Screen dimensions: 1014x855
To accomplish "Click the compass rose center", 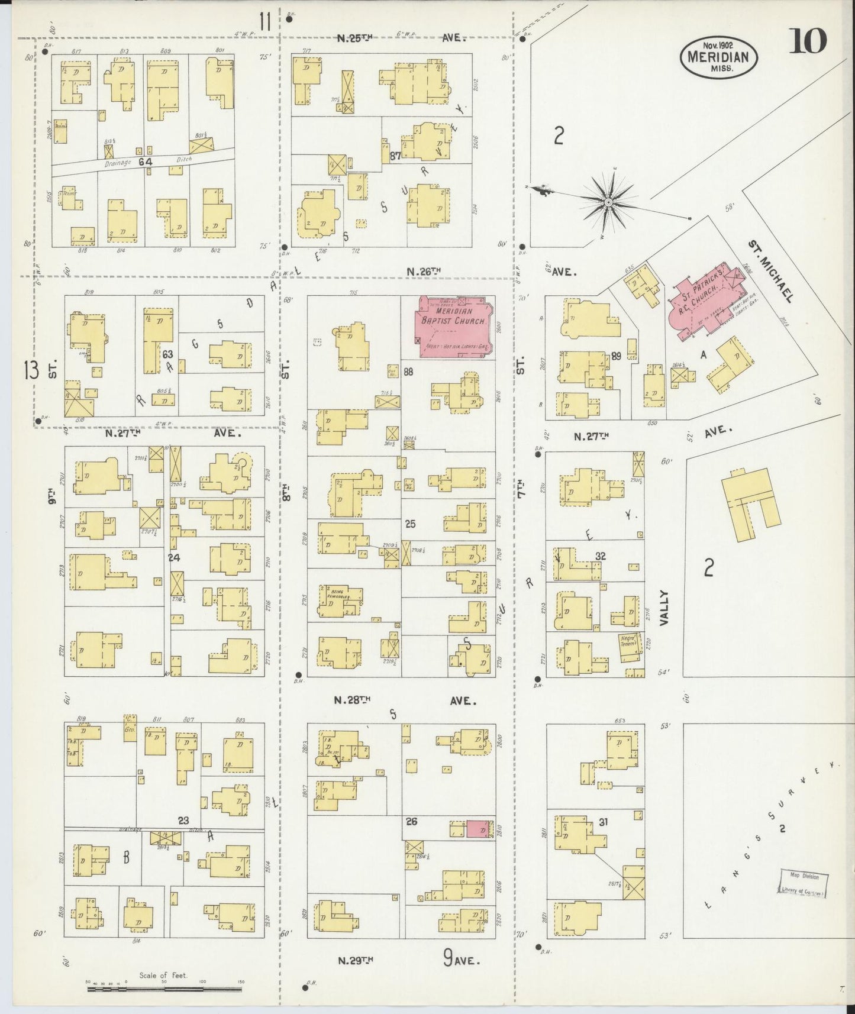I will (x=608, y=203).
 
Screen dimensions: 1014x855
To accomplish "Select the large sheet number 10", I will (x=807, y=42).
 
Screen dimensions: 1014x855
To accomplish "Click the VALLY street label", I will (x=665, y=608).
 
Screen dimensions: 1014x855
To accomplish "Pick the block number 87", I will (x=396, y=156).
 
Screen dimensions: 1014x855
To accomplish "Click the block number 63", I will (x=167, y=354).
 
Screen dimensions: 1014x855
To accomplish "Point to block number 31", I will (x=603, y=822).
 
